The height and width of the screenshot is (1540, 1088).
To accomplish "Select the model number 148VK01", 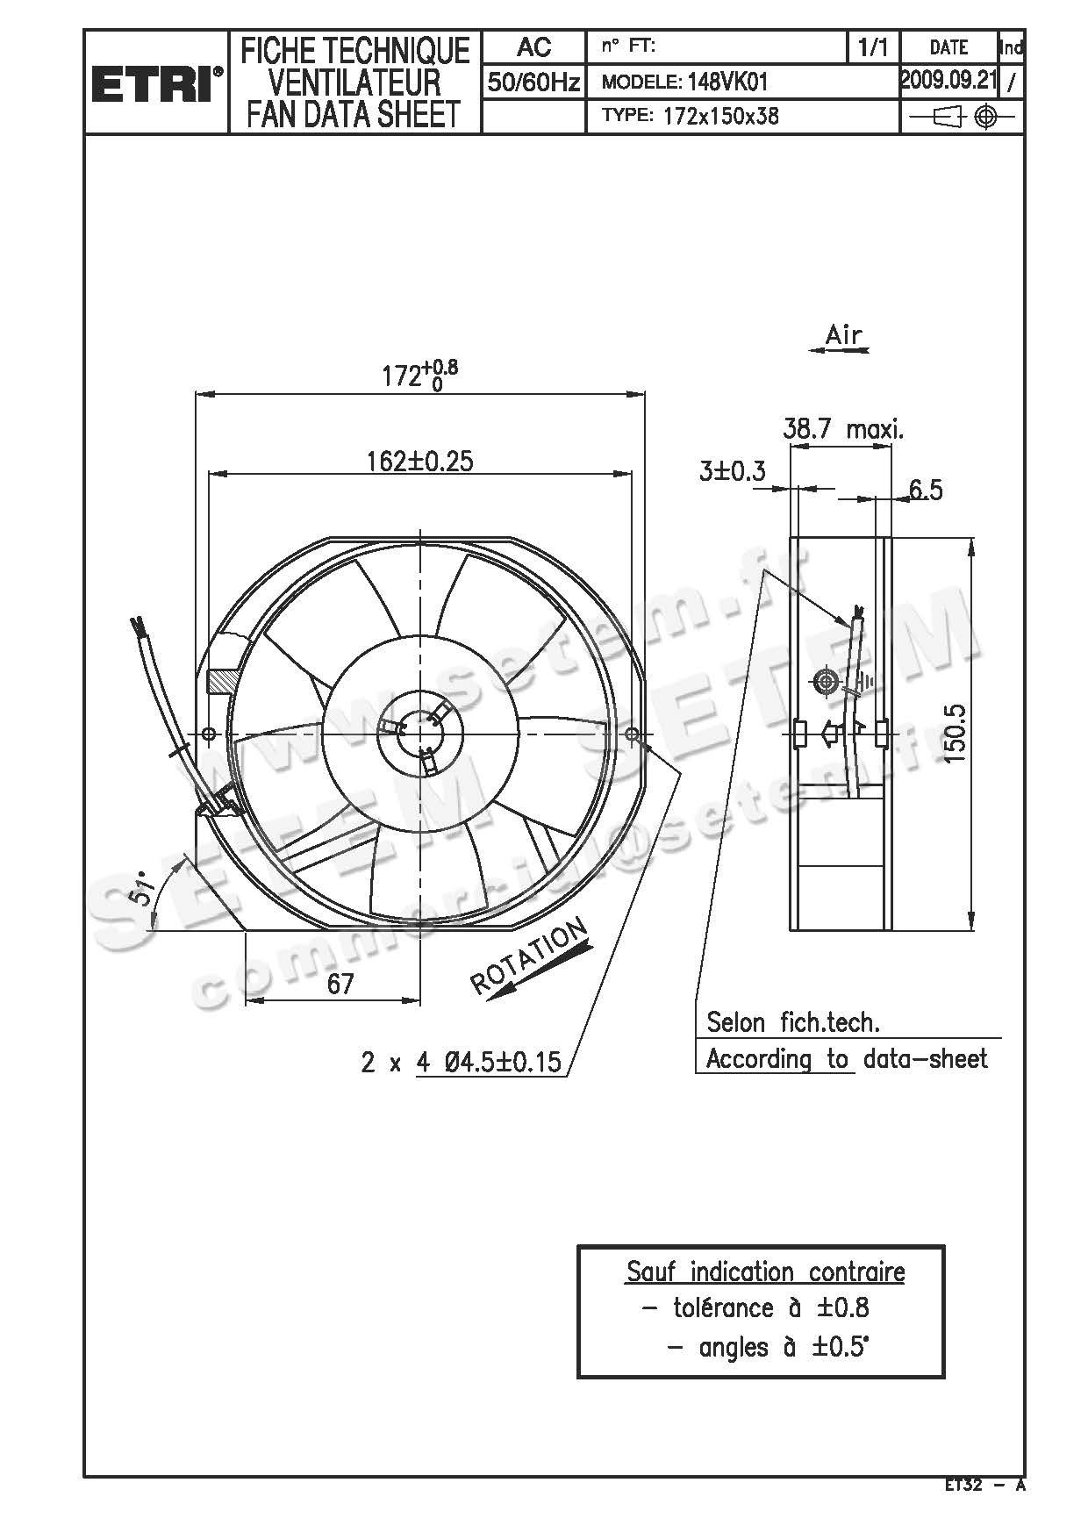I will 727,82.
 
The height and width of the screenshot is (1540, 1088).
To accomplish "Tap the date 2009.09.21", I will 948,81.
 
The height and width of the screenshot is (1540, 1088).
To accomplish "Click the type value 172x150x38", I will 721,116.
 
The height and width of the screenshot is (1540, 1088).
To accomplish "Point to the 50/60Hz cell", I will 533,82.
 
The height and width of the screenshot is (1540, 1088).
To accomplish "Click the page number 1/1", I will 872,47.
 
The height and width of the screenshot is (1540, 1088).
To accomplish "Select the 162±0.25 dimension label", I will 419,461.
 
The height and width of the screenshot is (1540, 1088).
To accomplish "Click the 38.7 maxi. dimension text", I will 842,429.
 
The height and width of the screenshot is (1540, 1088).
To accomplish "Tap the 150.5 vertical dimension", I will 956,733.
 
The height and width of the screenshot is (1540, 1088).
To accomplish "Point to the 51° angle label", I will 143,892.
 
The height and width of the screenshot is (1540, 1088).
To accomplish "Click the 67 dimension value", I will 340,984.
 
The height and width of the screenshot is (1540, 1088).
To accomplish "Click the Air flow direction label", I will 843,334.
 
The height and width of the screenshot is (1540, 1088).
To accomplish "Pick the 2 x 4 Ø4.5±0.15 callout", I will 461,1063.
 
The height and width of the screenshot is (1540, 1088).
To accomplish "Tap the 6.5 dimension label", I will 925,490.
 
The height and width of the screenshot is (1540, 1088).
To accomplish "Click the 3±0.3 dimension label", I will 732,471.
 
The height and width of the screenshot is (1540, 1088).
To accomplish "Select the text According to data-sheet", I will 846,1059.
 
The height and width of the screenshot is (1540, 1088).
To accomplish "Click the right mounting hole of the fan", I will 633,734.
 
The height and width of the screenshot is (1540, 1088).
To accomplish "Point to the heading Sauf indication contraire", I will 765,1271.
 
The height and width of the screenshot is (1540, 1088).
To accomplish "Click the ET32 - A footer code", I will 984,1485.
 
